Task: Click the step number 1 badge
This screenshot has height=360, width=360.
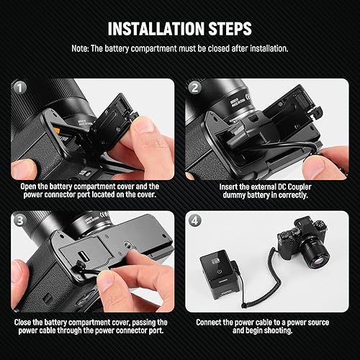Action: (19, 86)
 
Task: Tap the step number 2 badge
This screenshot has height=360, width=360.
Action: (194, 86)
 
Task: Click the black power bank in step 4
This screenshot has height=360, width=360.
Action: (221, 275)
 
